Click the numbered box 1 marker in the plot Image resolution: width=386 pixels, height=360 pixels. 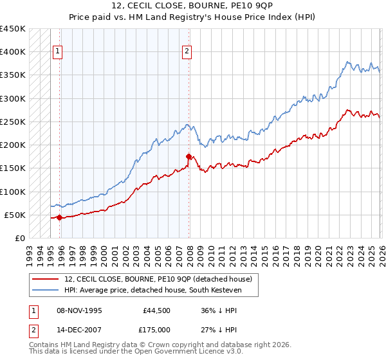click(x=58, y=52)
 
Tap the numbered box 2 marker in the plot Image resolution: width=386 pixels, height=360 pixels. click(x=187, y=52)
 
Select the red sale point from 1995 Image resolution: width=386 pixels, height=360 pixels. click(x=59, y=217)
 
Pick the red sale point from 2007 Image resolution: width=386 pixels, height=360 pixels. click(x=188, y=156)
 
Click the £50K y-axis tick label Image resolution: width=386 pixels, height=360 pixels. click(x=15, y=215)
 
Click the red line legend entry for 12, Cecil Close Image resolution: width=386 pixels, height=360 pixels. click(x=161, y=279)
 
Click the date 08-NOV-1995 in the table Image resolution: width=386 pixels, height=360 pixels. click(x=80, y=310)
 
